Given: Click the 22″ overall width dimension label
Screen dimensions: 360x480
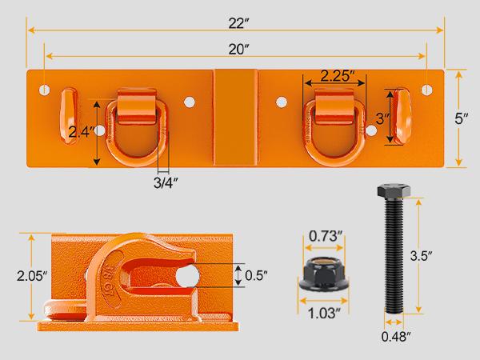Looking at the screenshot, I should tap(236, 24).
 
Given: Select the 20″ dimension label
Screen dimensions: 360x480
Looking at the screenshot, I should tap(238, 49).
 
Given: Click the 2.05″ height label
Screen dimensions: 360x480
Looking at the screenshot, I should tap(16, 278).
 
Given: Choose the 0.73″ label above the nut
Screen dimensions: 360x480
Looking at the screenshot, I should tap(327, 236).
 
